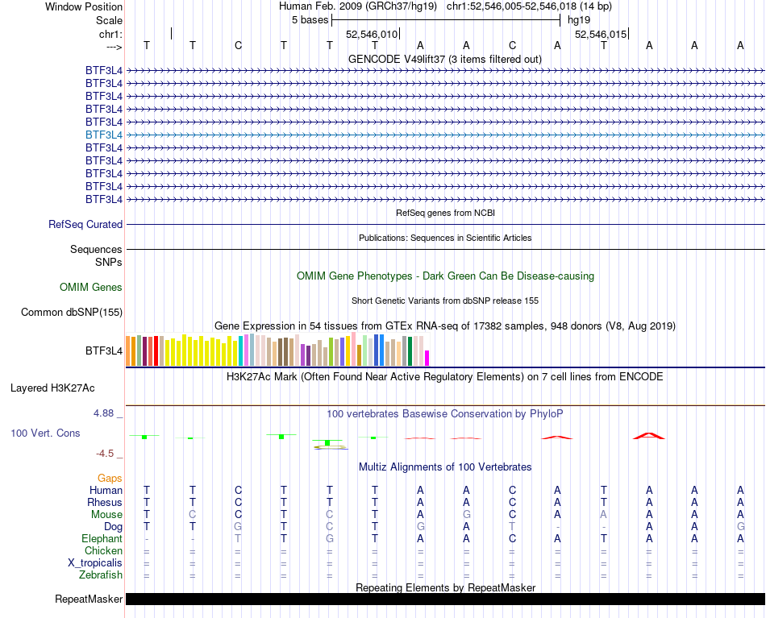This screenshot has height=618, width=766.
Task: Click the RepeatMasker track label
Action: pyautogui.click(x=89, y=599)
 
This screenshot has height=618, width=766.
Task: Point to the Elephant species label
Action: pyautogui.click(x=102, y=538)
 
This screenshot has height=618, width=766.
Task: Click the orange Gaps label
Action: pyautogui.click(x=110, y=478)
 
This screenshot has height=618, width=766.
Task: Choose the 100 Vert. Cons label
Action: pyautogui.click(x=45, y=433)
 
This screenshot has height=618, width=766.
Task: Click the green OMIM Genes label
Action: pyautogui.click(x=91, y=287)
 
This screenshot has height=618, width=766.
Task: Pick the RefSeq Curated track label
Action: pyautogui.click(x=85, y=225)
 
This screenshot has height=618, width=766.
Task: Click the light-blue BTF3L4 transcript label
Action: pyautogui.click(x=104, y=135)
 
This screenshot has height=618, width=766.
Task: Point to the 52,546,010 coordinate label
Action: pyautogui.click(x=372, y=35)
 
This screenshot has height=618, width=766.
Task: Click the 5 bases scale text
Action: pyautogui.click(x=310, y=19)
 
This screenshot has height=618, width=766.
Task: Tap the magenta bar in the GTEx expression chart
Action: pyautogui.click(x=427, y=358)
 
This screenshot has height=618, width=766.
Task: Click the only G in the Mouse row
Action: pyautogui.click(x=466, y=514)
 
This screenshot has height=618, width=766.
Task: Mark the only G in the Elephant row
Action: pyautogui.click(x=329, y=538)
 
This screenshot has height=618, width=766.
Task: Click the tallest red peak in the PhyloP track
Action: pyautogui.click(x=649, y=434)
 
